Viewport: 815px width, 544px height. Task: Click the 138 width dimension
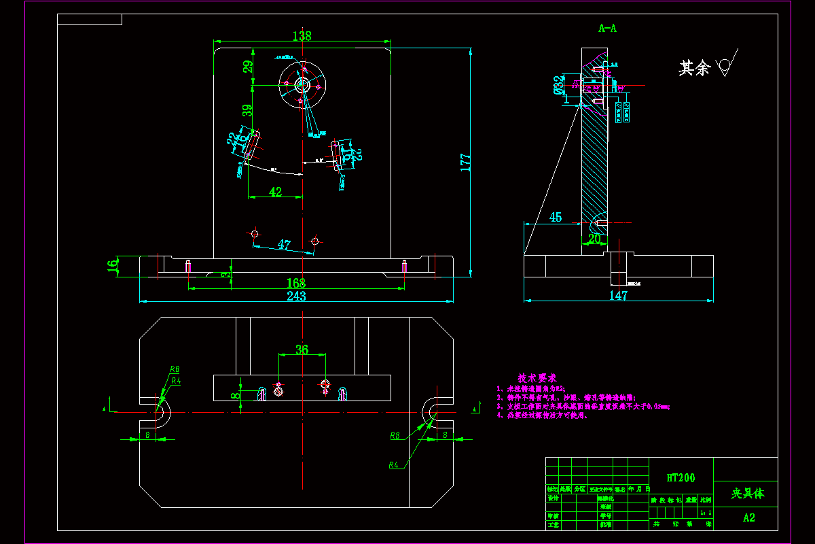[302, 36]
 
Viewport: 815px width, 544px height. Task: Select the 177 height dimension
[466, 162]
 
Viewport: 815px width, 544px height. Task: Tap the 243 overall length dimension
[296, 296]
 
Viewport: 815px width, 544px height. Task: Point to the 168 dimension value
[296, 283]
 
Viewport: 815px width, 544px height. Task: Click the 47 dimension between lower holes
[284, 245]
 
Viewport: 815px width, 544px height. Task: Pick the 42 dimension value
[275, 192]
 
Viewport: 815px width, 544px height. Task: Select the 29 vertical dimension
[248, 67]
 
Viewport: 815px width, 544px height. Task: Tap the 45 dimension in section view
[556, 217]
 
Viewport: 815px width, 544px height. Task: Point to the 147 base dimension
[618, 296]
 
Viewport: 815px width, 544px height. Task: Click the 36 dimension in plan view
[302, 350]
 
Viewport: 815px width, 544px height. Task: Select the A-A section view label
[607, 29]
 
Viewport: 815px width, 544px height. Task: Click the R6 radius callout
[175, 369]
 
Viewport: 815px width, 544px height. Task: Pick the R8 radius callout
[394, 435]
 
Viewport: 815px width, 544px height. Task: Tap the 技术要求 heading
[537, 377]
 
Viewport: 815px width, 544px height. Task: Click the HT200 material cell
[681, 478]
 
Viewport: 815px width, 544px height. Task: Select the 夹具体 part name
[747, 494]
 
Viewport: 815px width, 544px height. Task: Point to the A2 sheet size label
[748, 518]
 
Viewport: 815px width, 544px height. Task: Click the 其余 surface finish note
[694, 68]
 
